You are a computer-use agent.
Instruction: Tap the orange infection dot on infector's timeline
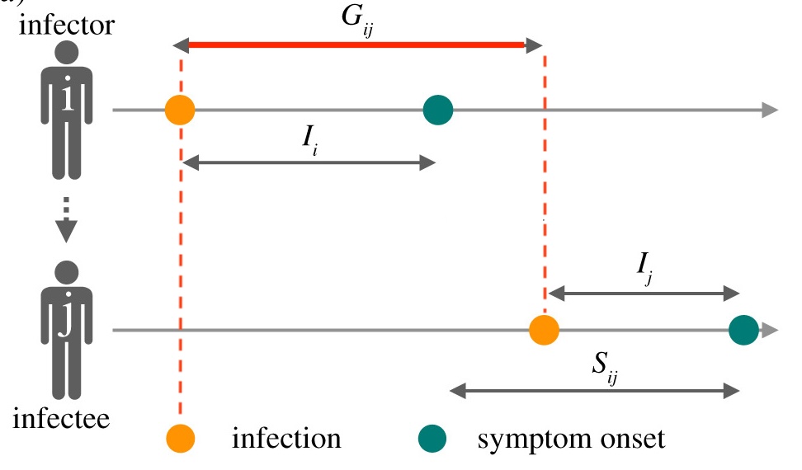click(x=180, y=110)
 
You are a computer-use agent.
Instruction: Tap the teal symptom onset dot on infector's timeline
click(x=438, y=110)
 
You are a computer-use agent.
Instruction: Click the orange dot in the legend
click(x=180, y=439)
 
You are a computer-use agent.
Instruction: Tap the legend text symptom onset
click(x=570, y=439)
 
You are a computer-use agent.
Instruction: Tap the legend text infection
click(x=285, y=439)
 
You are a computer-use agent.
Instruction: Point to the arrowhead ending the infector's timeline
click(x=769, y=110)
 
